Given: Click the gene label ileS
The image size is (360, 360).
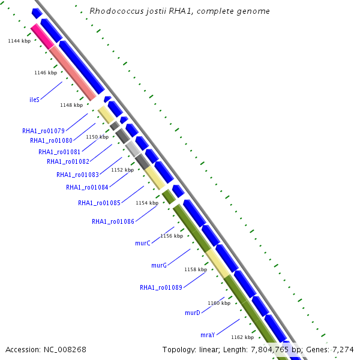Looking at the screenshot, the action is click(34, 100).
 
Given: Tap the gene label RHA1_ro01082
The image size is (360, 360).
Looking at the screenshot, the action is click(68, 161).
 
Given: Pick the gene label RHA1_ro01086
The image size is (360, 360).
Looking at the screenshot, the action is click(113, 221).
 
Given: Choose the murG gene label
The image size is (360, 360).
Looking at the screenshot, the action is click(159, 265).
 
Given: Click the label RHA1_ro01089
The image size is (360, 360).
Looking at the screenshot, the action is click(161, 287).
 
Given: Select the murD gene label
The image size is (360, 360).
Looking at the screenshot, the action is click(192, 313).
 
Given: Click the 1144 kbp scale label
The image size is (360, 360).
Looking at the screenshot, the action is click(19, 41).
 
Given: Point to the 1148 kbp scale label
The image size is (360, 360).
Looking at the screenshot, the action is click(71, 105).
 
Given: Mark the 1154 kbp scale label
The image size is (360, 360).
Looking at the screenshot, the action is click(147, 203).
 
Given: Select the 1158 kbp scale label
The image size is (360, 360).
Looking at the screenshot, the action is click(195, 269).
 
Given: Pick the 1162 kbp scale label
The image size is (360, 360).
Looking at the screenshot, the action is click(242, 337).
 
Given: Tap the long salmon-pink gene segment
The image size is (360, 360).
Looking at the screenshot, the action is click(72, 73).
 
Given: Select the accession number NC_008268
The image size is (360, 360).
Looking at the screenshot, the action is click(65, 349).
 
